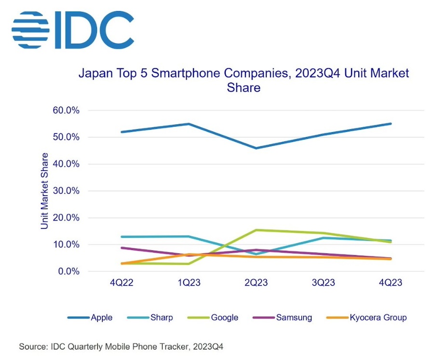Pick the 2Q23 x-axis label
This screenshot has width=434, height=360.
point(256,284)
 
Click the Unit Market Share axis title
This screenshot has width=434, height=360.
point(44,191)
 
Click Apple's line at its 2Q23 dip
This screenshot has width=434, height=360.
point(256,148)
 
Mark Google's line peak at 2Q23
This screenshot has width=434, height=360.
point(256,230)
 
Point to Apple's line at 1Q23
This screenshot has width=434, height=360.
point(189,124)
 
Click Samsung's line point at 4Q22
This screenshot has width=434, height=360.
point(122,248)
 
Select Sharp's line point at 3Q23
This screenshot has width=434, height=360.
point(323,238)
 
